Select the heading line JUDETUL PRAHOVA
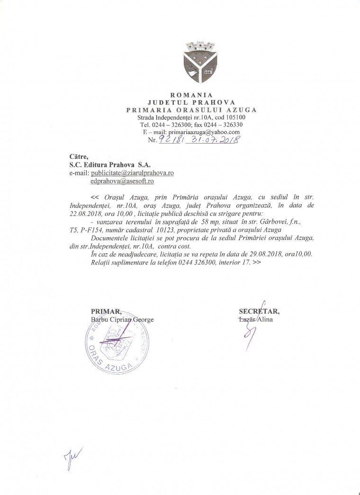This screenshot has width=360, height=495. point(191,103)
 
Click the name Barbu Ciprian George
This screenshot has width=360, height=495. point(122,319)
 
